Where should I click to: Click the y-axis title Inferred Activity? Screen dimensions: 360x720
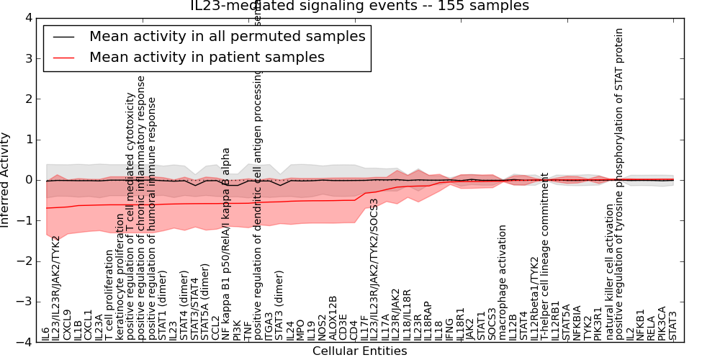coord(6,180)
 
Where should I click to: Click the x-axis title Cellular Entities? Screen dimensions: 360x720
coord(359,351)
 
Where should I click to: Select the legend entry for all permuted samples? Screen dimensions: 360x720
coord(226,37)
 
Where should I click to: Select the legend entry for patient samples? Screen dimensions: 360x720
coord(207,58)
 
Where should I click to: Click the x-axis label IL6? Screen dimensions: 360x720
coord(46,333)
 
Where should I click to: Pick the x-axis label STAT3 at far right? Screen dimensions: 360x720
coord(672,325)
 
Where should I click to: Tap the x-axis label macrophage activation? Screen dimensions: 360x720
coord(502,282)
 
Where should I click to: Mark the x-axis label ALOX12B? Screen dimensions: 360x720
coord(332,318)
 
